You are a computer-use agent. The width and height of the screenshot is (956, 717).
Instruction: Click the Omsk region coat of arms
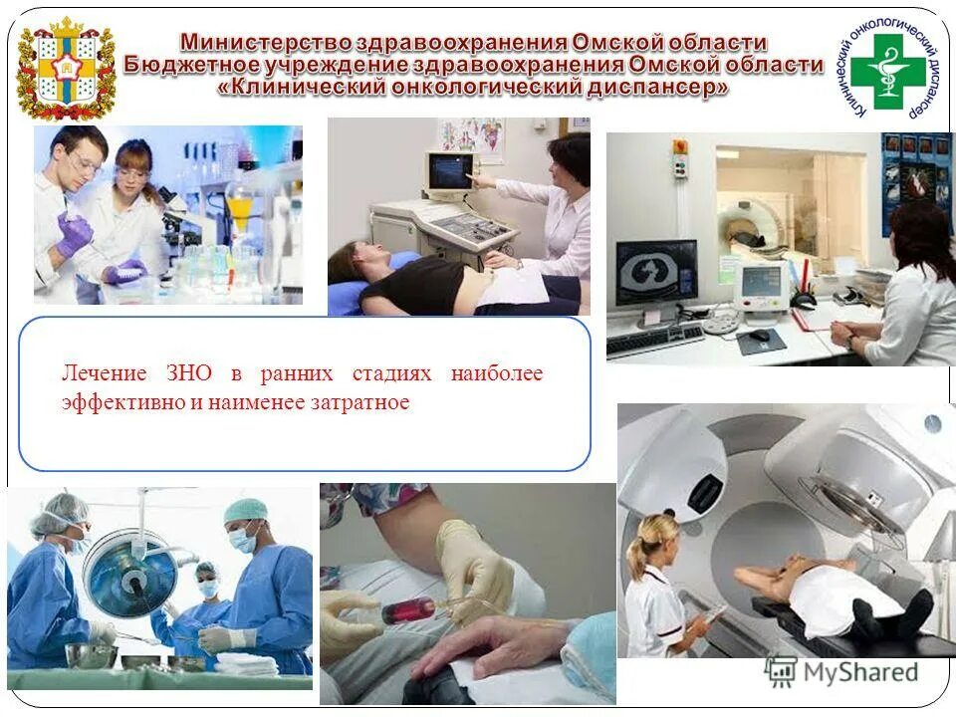click(x=66, y=69)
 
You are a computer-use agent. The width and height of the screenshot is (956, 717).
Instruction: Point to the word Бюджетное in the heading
click(x=190, y=66)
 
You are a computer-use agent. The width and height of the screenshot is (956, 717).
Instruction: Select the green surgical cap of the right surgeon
click(x=245, y=510)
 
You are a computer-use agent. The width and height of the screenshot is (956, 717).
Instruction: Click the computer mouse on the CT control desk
click(x=759, y=335)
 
